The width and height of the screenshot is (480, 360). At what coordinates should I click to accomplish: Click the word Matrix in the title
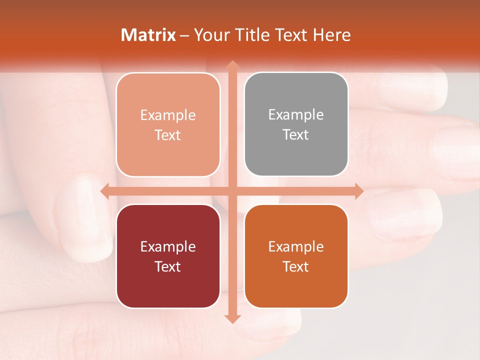148,35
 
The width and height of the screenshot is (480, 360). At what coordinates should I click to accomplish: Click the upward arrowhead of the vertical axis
231,65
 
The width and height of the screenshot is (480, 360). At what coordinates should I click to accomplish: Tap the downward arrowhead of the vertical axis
231,318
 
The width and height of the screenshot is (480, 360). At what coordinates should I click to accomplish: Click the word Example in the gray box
296,115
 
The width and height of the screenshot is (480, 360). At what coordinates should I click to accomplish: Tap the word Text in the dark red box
168,266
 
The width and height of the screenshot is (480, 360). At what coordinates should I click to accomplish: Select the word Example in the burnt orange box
296,246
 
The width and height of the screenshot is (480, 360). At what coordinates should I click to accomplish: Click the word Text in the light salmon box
168,135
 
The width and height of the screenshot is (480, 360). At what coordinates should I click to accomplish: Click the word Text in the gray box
296,135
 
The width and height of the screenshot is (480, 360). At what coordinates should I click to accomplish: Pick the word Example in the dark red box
168,246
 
